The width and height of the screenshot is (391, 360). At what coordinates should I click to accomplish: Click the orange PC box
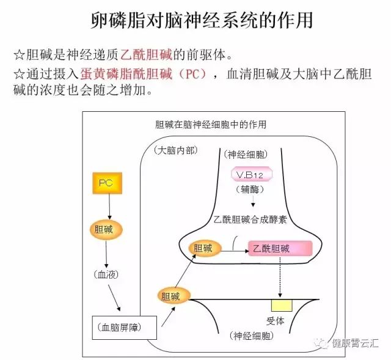pos(108,183)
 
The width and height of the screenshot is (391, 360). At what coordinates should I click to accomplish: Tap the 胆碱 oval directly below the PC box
pos(106,230)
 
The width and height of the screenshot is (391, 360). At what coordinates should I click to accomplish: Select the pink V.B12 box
pos(251,174)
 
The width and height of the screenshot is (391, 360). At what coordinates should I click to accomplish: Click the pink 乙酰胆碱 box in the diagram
pos(280,248)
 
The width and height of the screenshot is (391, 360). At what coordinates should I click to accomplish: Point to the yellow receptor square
pos(282,306)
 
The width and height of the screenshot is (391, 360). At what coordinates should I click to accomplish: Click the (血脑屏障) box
pos(125,328)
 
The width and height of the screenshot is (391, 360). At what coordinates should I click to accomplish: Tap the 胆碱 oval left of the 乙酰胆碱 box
pos(205,248)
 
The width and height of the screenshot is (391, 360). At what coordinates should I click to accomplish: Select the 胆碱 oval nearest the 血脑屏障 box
pos(174,296)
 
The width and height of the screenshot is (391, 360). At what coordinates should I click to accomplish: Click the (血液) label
pos(106,274)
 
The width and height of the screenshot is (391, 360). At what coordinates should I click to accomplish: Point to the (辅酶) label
pos(250,189)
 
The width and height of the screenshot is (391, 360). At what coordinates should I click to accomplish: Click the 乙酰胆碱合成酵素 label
pos(250,219)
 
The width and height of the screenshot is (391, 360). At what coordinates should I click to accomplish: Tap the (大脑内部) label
pos(175,150)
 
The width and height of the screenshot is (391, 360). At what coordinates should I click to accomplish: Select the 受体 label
pos(276,321)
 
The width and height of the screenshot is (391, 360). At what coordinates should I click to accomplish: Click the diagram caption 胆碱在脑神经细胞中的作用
pos(211,124)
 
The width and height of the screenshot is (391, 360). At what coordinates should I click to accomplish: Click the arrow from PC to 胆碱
pos(109,207)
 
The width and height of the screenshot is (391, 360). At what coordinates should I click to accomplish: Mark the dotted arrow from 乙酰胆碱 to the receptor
pos(280,276)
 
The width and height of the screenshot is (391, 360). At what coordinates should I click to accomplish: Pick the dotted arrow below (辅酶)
pos(253,201)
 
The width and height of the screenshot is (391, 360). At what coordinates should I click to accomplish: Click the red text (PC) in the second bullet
pos(192,73)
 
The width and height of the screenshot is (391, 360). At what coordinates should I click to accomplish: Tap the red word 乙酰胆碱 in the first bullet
pos(146,54)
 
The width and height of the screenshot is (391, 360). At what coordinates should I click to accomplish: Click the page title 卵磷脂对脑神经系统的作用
pos(202,20)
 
